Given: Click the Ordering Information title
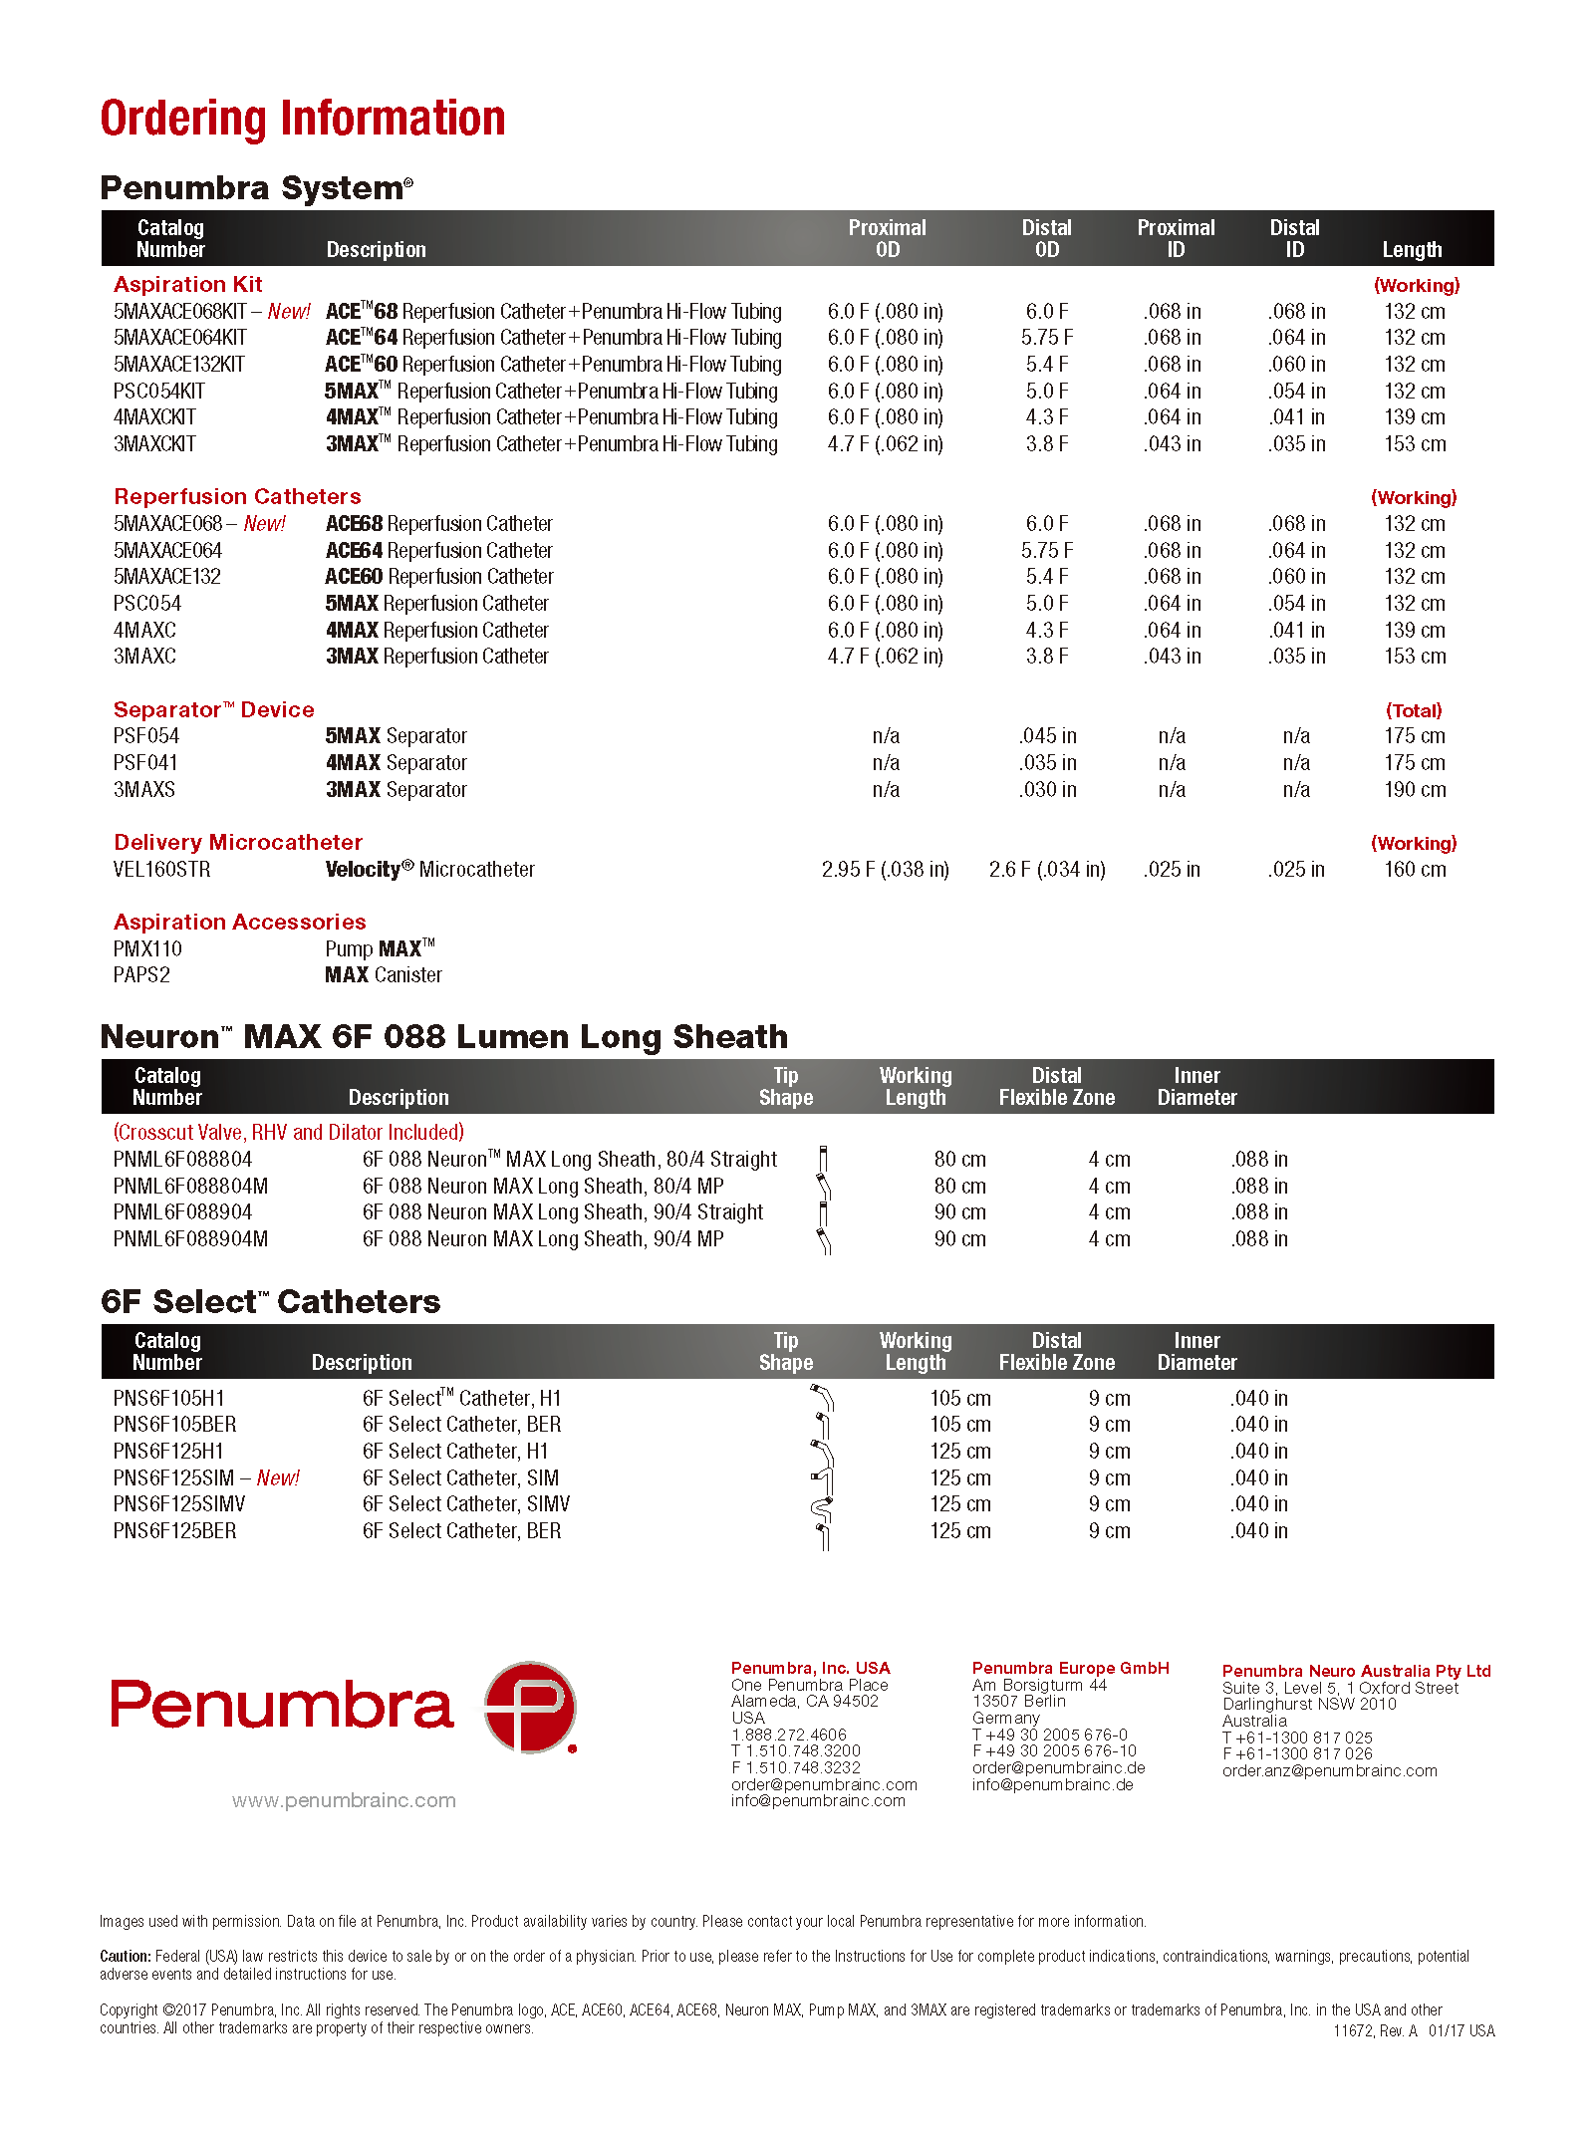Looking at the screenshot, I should pyautogui.click(x=302, y=119).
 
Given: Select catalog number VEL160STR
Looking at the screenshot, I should pyautogui.click(x=161, y=870).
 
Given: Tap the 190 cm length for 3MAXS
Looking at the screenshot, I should pyautogui.click(x=1414, y=790).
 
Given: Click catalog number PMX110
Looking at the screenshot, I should pyautogui.click(x=147, y=949).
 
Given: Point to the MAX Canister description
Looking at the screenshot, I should pyautogui.click(x=384, y=975).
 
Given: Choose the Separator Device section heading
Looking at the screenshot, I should pyautogui.click(x=213, y=710).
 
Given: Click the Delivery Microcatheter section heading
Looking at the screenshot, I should pyautogui.click(x=238, y=843).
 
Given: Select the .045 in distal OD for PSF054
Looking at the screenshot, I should pyautogui.click(x=1047, y=736).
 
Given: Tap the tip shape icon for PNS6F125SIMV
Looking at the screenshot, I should pyautogui.click(x=822, y=1507).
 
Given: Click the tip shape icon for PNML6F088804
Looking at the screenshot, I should pyautogui.click(x=823, y=1160).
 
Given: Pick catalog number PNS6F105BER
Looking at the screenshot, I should pyautogui.click(x=174, y=1425).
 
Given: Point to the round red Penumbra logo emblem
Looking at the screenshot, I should pyautogui.click(x=530, y=1707).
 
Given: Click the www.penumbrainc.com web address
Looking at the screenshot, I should pyautogui.click(x=344, y=1800).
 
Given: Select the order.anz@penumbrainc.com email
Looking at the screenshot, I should pyautogui.click(x=1329, y=1770).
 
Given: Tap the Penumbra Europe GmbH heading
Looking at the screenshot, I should pyautogui.click(x=1070, y=1668).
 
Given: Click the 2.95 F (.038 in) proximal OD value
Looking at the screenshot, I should pyautogui.click(x=885, y=870).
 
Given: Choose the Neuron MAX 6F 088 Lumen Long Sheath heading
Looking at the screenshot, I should pyautogui.click(x=443, y=1037).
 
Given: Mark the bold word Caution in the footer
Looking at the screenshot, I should pyautogui.click(x=125, y=1956).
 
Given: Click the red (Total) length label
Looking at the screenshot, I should pyautogui.click(x=1413, y=710).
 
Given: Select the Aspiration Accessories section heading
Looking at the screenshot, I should pyautogui.click(x=239, y=923).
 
